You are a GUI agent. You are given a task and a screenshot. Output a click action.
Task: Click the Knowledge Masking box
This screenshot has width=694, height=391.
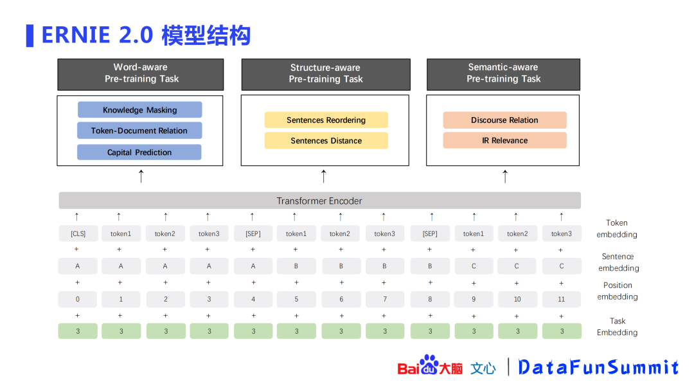point(140,110)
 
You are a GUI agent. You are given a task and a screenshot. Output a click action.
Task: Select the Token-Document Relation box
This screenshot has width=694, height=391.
point(139,131)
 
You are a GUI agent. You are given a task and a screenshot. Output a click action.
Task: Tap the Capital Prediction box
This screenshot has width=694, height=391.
point(139,152)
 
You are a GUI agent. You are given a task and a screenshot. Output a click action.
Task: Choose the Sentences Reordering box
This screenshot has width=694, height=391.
point(326,120)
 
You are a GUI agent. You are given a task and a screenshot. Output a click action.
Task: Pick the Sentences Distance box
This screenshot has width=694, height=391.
point(326,141)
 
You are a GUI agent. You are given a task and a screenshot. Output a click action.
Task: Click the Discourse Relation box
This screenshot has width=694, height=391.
point(504,120)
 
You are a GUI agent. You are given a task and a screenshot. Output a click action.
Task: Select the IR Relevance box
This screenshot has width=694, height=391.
point(504,140)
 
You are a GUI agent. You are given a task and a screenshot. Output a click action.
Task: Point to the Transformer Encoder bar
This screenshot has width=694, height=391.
point(319,201)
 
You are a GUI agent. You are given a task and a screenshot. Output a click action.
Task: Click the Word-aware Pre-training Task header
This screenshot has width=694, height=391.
point(141,73)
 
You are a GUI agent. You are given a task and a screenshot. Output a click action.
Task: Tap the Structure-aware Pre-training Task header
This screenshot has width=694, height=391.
point(325,74)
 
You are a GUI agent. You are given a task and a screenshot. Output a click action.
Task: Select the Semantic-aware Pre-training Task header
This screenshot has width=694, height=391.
point(503,73)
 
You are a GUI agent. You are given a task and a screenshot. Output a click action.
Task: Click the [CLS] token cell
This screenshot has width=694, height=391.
point(78,233)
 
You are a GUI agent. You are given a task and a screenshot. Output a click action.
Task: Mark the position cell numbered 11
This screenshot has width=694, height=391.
point(561,299)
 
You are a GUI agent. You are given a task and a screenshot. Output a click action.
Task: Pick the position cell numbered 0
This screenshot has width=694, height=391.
point(78,299)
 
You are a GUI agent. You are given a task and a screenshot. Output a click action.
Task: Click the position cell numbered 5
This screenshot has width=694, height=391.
point(296,299)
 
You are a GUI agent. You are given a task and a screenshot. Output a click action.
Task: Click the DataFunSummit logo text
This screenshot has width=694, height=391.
point(598,367)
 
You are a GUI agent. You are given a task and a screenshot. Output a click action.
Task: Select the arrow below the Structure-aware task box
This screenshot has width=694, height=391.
point(324,176)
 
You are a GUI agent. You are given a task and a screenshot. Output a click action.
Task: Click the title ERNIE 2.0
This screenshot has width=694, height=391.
point(97,35)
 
